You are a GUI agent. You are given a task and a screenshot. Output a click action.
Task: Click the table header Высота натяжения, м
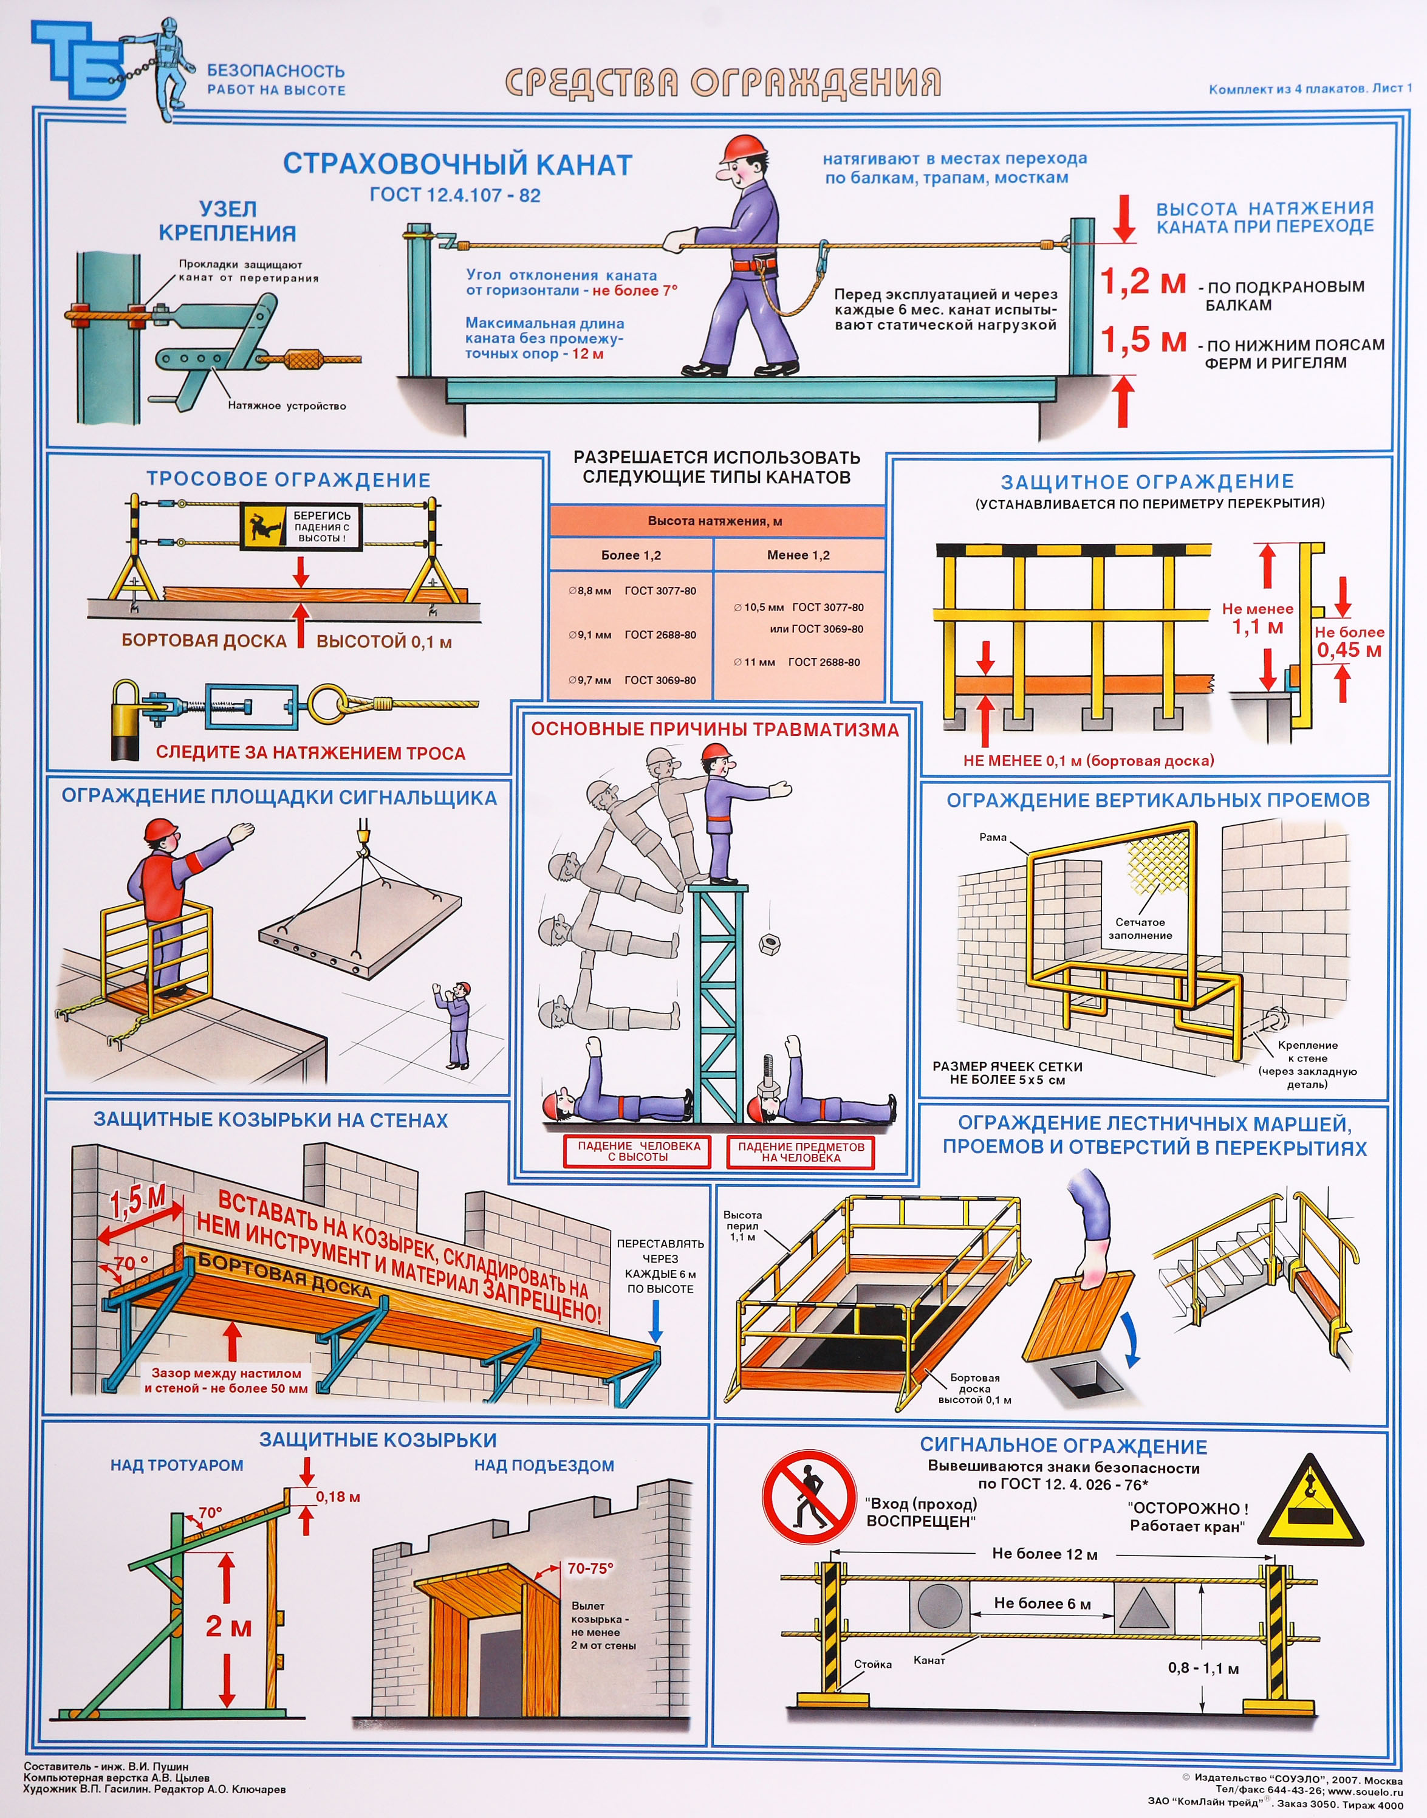[x=715, y=521]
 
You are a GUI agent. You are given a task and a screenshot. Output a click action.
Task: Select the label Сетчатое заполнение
[x=1140, y=929]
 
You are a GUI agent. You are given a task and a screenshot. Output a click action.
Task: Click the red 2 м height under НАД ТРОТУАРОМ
[x=228, y=1626]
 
